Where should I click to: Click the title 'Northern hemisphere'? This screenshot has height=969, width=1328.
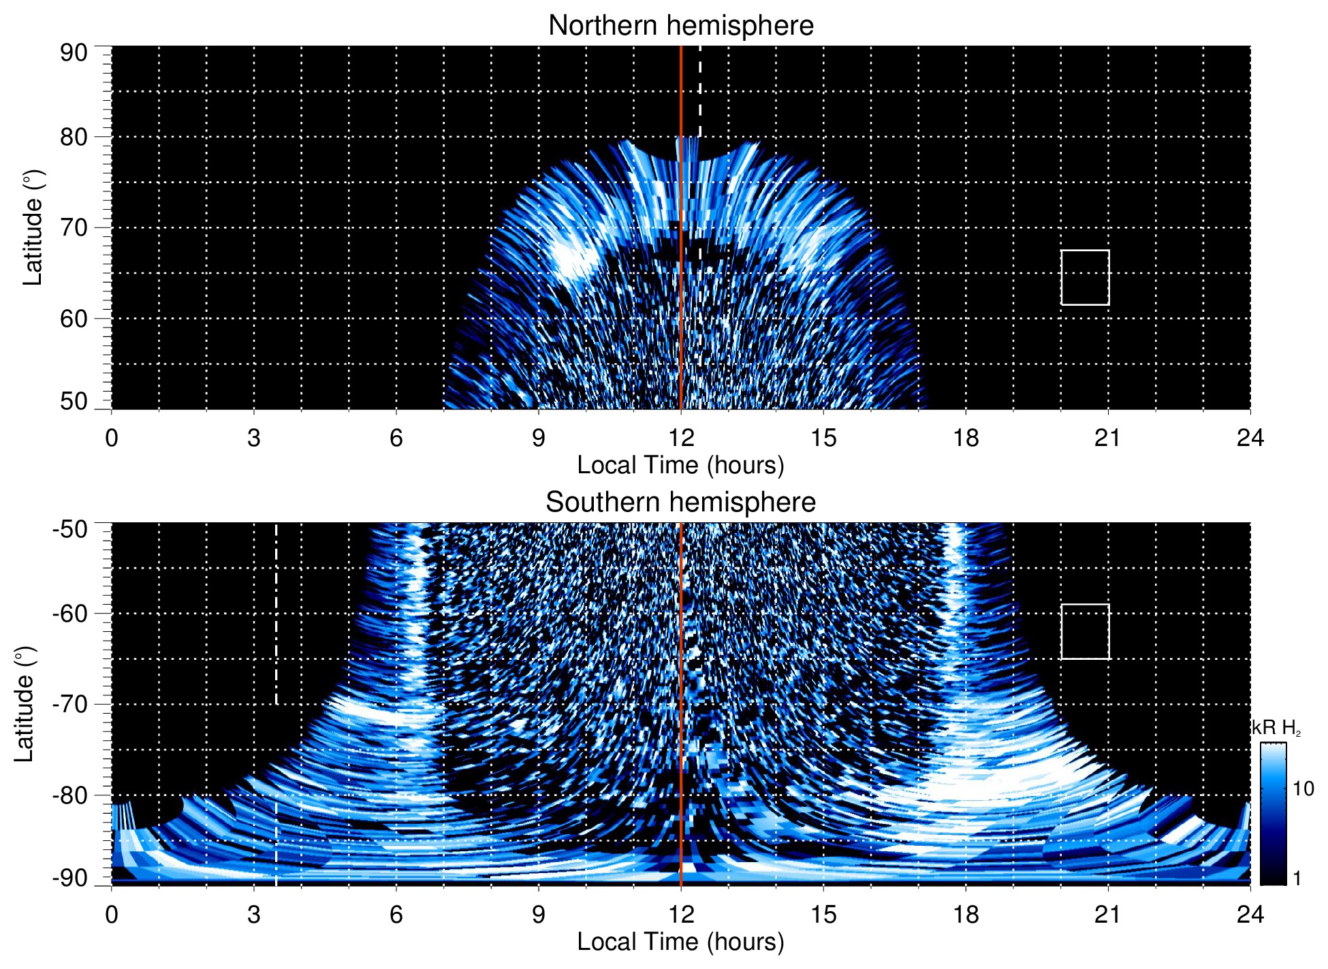click(680, 26)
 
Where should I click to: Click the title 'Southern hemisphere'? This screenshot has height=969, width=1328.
click(680, 503)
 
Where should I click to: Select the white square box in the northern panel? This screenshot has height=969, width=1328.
click(1085, 278)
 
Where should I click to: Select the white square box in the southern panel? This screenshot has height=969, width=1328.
click(1085, 631)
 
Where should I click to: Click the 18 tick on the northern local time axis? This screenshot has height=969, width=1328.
click(966, 438)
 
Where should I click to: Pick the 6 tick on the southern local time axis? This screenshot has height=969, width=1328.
click(396, 915)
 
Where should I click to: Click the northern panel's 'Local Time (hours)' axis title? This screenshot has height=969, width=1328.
click(680, 466)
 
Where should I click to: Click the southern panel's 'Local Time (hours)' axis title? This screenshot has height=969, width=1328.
click(680, 942)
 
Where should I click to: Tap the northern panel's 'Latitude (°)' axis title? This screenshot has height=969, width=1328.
click(33, 227)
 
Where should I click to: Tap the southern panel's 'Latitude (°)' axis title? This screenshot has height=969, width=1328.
click(25, 704)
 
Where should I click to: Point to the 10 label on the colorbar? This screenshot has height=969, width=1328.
click(1303, 789)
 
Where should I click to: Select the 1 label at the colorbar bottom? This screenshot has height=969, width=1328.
click(1297, 878)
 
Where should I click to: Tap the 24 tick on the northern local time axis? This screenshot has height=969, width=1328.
click(1250, 438)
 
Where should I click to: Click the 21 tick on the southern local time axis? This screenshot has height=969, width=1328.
click(1108, 915)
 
